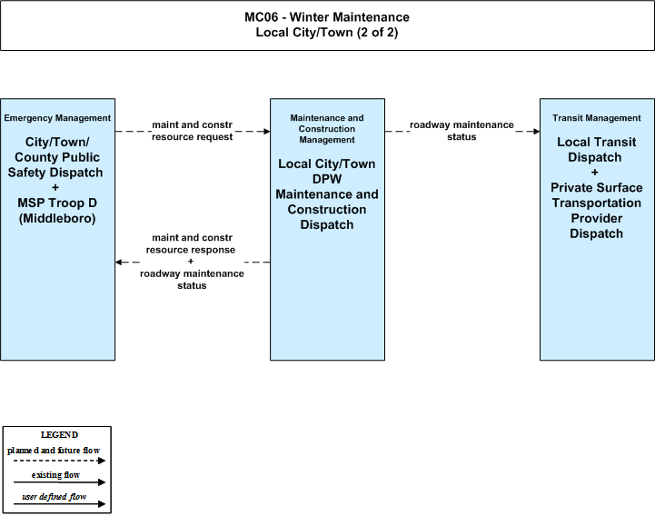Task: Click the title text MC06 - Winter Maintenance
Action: [327, 17]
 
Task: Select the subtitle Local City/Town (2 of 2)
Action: [327, 32]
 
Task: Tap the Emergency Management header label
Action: [57, 118]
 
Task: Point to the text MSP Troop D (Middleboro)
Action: [57, 211]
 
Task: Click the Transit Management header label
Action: [597, 118]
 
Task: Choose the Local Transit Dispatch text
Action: [596, 150]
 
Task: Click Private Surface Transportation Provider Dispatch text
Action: [597, 211]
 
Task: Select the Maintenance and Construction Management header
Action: [327, 129]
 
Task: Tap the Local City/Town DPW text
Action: [327, 172]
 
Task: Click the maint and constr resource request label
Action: [193, 131]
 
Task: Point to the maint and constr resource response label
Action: [191, 243]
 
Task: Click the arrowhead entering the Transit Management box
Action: [536, 132]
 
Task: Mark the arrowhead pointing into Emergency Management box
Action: [119, 262]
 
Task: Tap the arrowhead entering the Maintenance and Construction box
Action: [266, 132]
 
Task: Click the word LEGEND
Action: [59, 434]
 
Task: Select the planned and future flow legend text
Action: [54, 451]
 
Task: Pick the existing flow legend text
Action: [55, 475]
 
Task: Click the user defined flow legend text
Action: [54, 497]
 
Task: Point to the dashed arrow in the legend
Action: [59, 461]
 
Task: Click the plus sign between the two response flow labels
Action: [191, 262]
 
